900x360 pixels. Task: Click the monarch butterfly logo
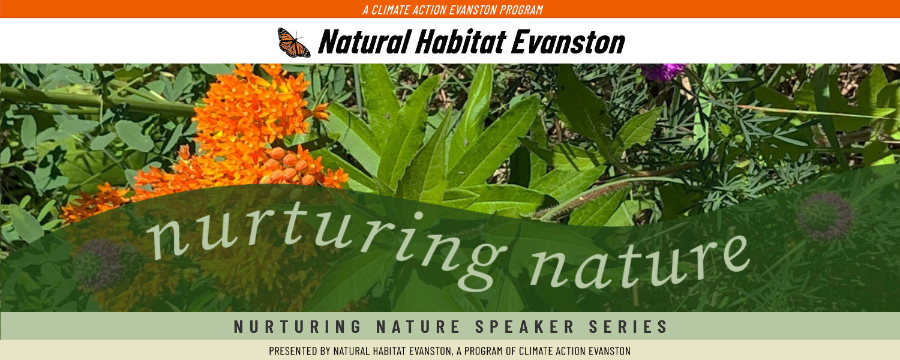tap(293, 42)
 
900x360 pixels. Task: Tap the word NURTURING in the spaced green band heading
tap(298, 326)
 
